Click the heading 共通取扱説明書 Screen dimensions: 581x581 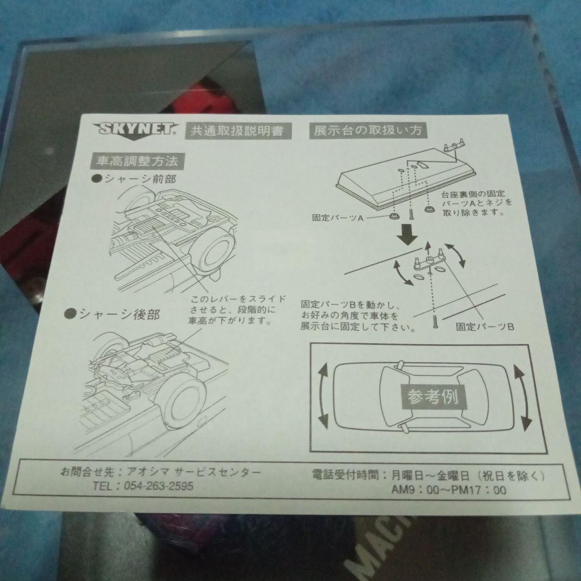(x=233, y=131)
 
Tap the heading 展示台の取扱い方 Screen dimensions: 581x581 (x=367, y=130)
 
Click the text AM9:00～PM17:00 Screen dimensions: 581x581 (x=449, y=490)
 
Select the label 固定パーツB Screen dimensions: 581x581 (x=485, y=326)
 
